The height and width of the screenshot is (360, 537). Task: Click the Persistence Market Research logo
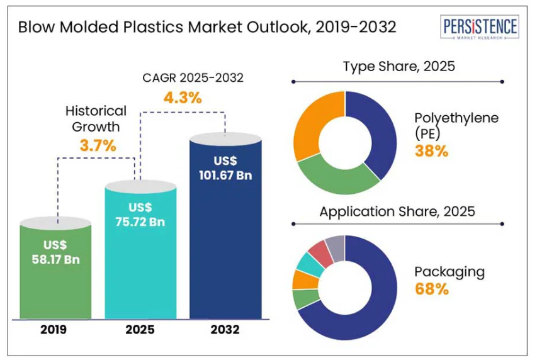(480, 28)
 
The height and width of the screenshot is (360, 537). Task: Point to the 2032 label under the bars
(225, 330)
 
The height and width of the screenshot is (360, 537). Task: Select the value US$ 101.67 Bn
(225, 167)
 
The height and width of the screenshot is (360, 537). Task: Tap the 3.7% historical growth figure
(98, 145)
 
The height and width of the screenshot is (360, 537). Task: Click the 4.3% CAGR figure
(183, 98)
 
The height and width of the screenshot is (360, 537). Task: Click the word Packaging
(449, 272)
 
